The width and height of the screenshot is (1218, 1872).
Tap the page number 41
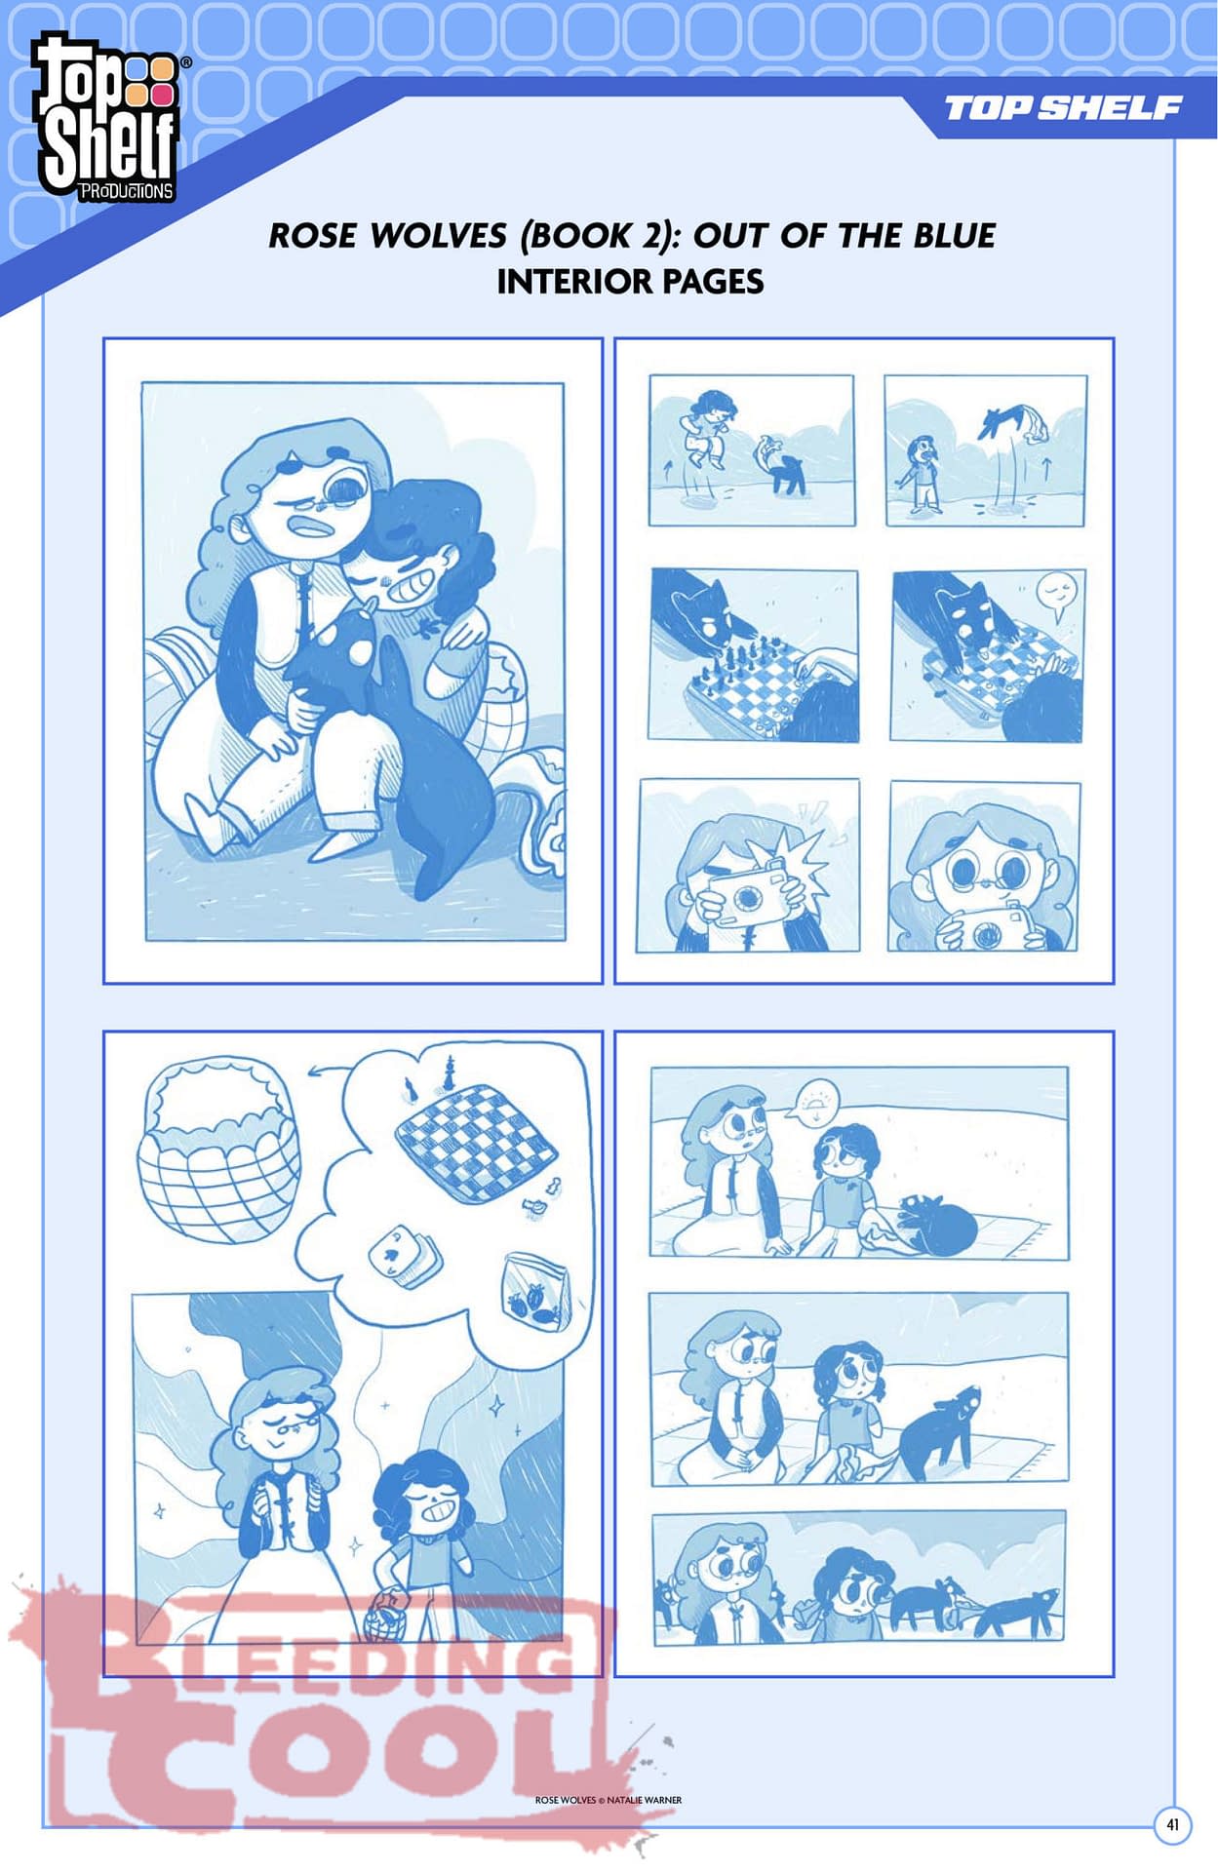coord(1172,1823)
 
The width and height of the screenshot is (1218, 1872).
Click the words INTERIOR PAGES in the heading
coord(630,282)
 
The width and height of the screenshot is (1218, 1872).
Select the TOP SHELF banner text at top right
coord(1064,107)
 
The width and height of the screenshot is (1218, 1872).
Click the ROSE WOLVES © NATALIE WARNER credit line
coord(609,1800)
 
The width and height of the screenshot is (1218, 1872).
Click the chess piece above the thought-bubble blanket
coord(449,1072)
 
